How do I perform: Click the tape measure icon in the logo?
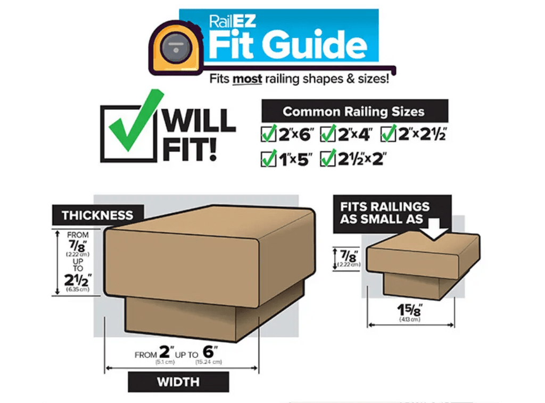tap(176, 47)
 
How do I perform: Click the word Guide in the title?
tap(315, 45)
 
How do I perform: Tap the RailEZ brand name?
tap(233, 21)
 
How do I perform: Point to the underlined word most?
tap(247, 79)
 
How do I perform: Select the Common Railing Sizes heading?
tap(353, 111)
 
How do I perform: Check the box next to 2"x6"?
tap(268, 134)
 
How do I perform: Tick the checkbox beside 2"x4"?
tap(328, 134)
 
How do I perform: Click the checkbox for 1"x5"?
tap(268, 159)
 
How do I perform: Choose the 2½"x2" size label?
tap(362, 159)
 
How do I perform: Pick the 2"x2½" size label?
tap(423, 134)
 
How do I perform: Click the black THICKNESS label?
tap(98, 215)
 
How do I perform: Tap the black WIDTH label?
tap(178, 382)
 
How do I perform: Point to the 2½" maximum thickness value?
tap(78, 280)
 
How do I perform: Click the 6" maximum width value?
tap(210, 351)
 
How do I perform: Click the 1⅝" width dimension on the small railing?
tap(410, 310)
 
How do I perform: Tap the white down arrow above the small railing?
tap(433, 229)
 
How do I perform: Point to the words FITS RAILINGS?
tap(385, 207)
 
